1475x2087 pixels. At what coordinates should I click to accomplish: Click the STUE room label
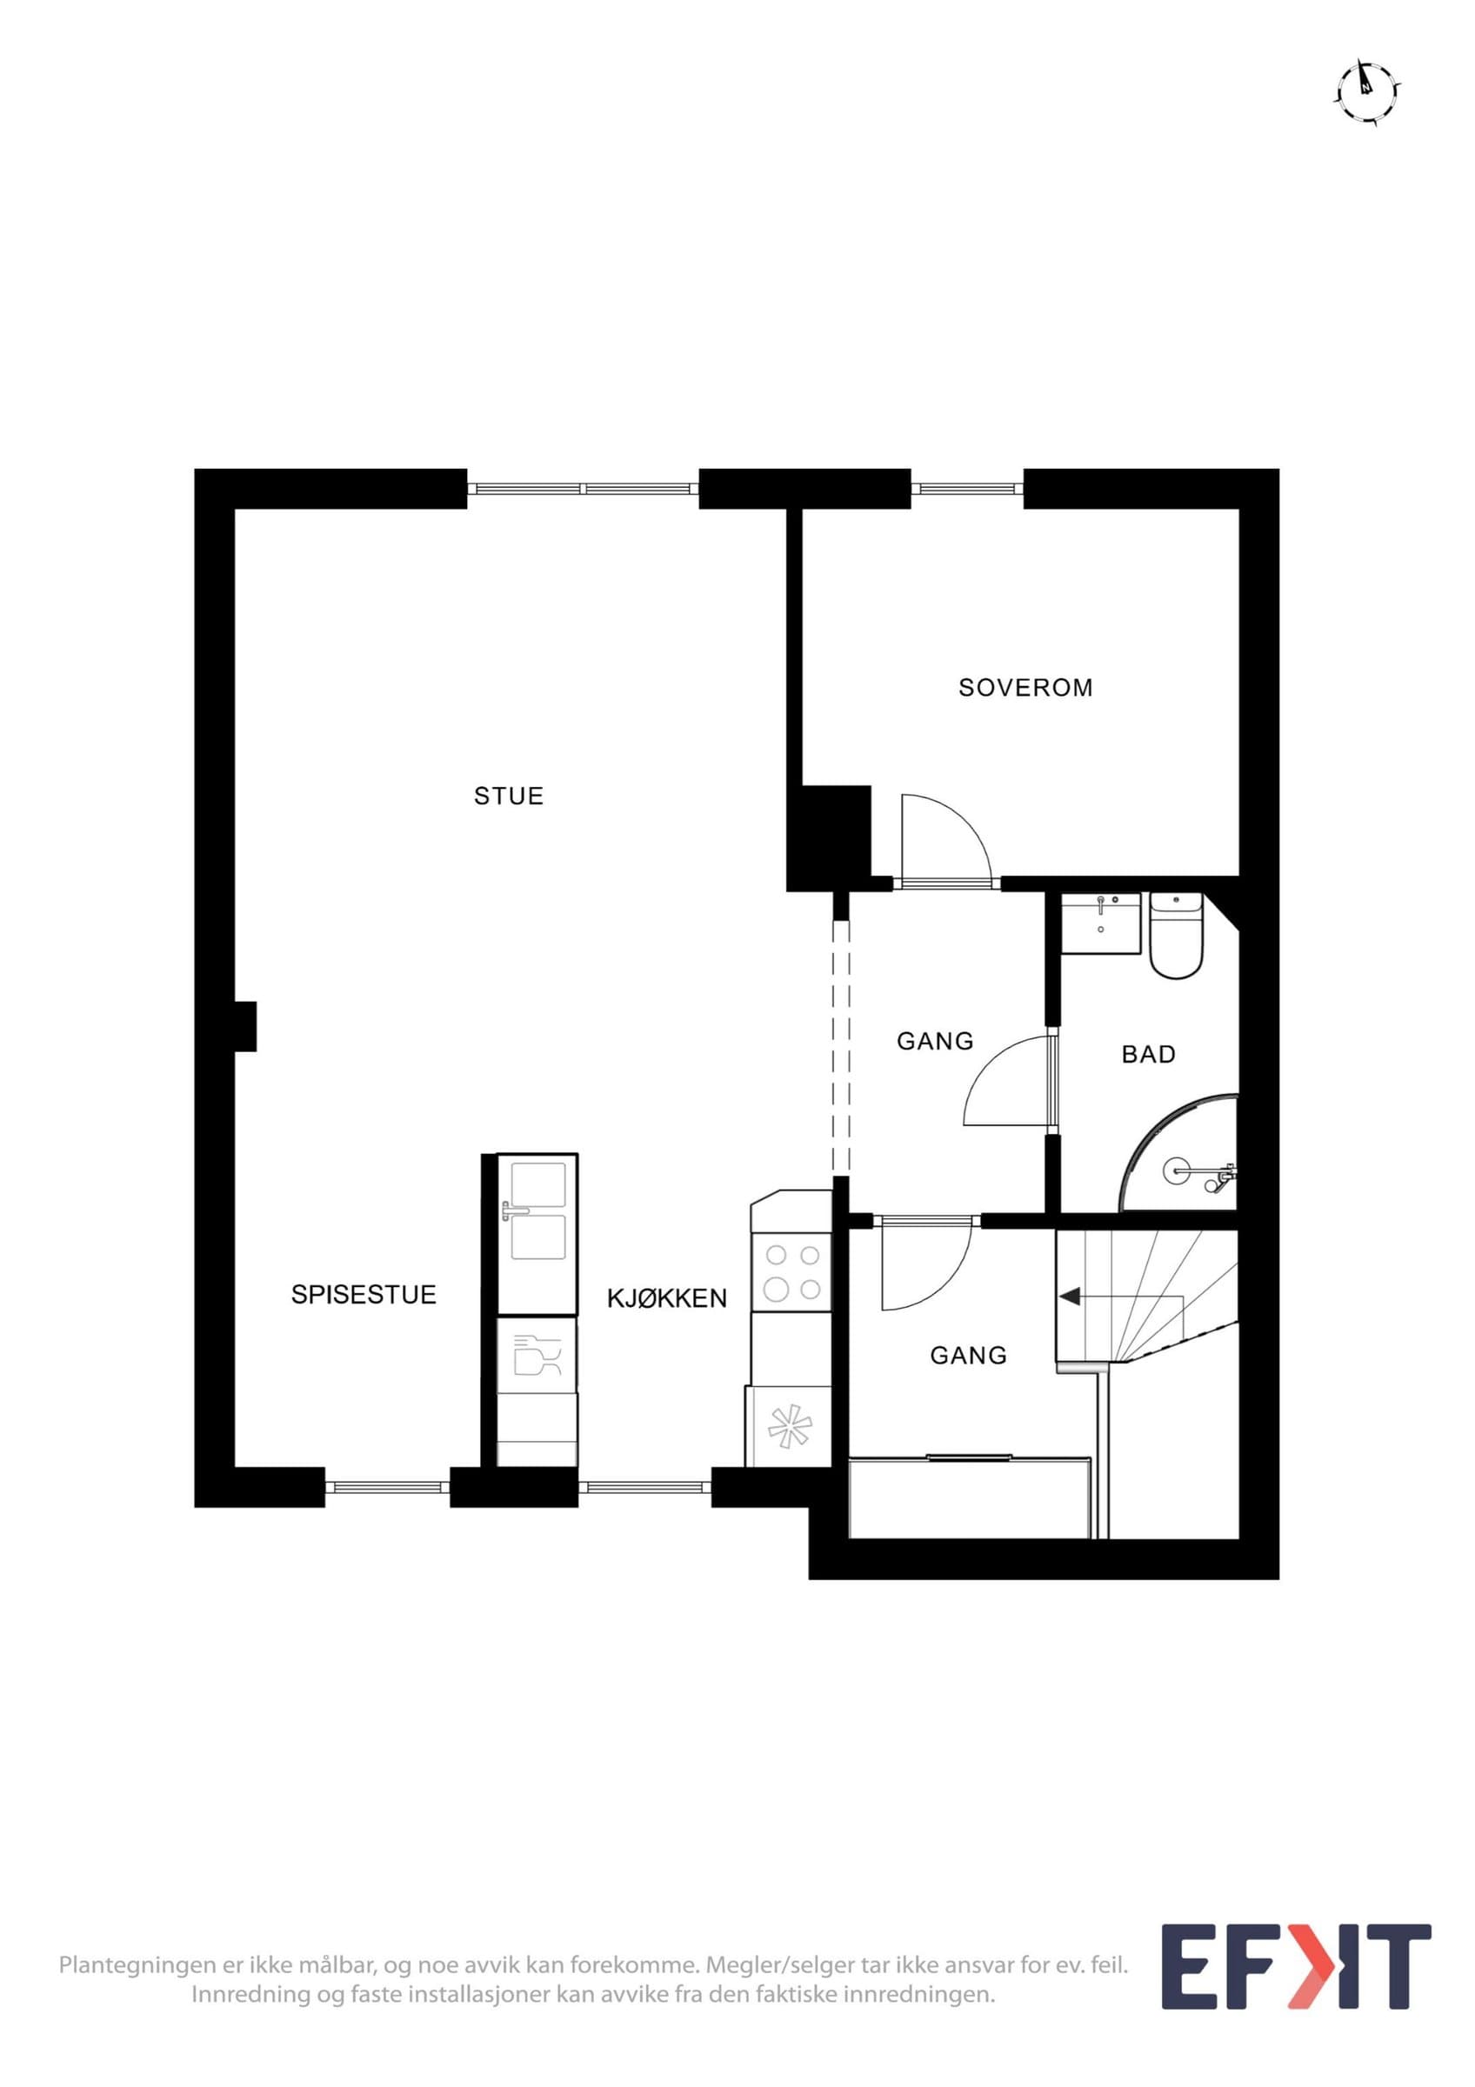[x=508, y=797]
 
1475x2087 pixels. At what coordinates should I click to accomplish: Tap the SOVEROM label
[x=1025, y=687]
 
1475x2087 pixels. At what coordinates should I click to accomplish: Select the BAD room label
[x=1148, y=1055]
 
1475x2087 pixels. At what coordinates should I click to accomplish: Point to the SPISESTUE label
[x=364, y=1295]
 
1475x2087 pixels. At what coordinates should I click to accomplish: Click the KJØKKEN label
[x=667, y=1298]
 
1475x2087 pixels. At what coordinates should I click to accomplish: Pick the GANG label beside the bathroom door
[x=934, y=1041]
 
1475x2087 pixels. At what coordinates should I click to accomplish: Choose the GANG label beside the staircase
[x=968, y=1356]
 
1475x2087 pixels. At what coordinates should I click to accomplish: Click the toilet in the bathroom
[x=1176, y=935]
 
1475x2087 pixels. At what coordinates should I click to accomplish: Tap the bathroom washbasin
[x=1100, y=922]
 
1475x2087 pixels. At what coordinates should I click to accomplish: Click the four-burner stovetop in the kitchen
[x=791, y=1272]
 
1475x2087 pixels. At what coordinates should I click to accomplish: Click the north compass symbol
[x=1367, y=92]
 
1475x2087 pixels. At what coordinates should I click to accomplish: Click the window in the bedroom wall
[x=967, y=489]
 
